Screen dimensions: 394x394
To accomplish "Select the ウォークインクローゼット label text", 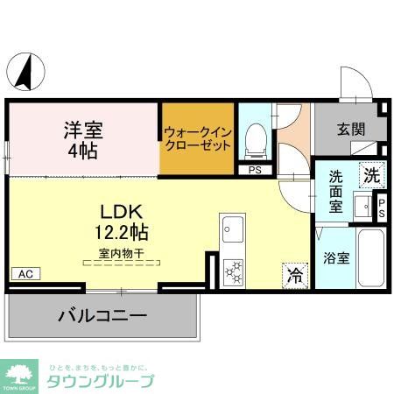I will [198, 139].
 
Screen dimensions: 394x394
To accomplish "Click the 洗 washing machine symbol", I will [372, 173].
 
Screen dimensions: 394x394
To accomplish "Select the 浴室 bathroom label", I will [336, 258].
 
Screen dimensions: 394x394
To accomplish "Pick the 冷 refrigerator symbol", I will [295, 275].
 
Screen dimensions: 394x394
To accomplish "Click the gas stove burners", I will [234, 271].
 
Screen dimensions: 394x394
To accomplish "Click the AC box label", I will [25, 274].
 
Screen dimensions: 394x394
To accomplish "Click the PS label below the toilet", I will [255, 171].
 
